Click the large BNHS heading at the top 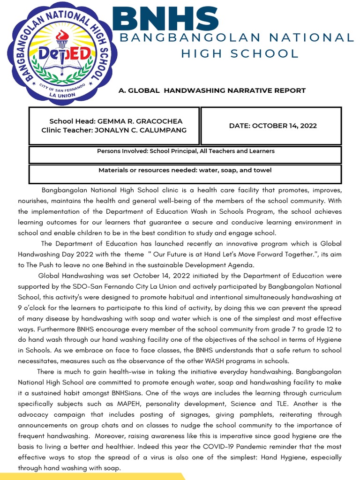pos(165,18)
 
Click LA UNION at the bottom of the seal pos(59,94)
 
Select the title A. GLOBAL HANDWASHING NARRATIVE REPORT pos(212,90)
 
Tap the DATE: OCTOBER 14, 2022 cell pos(272,126)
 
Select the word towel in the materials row pos(262,170)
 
